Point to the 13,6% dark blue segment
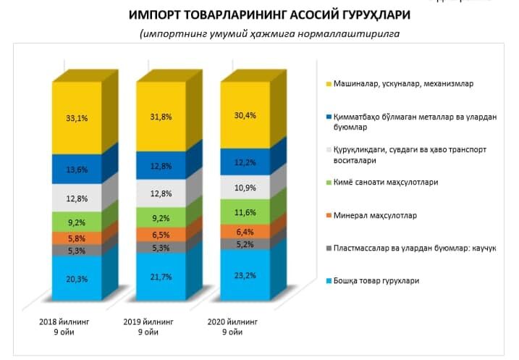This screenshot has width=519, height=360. tap(75, 169)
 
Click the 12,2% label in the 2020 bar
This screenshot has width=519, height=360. tap(244, 165)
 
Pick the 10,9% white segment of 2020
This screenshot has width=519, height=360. tap(244, 188)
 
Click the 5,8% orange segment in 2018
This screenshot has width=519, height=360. tap(75, 238)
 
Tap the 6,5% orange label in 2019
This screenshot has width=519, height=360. tap(160, 235)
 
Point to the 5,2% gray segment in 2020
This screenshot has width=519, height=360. tap(244, 245)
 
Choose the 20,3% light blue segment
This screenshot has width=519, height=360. tap(75, 277)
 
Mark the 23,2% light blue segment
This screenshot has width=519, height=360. tap(244, 276)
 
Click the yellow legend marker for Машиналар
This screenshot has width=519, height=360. tap(329, 83)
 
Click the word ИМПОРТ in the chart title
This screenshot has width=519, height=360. tap(158, 15)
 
